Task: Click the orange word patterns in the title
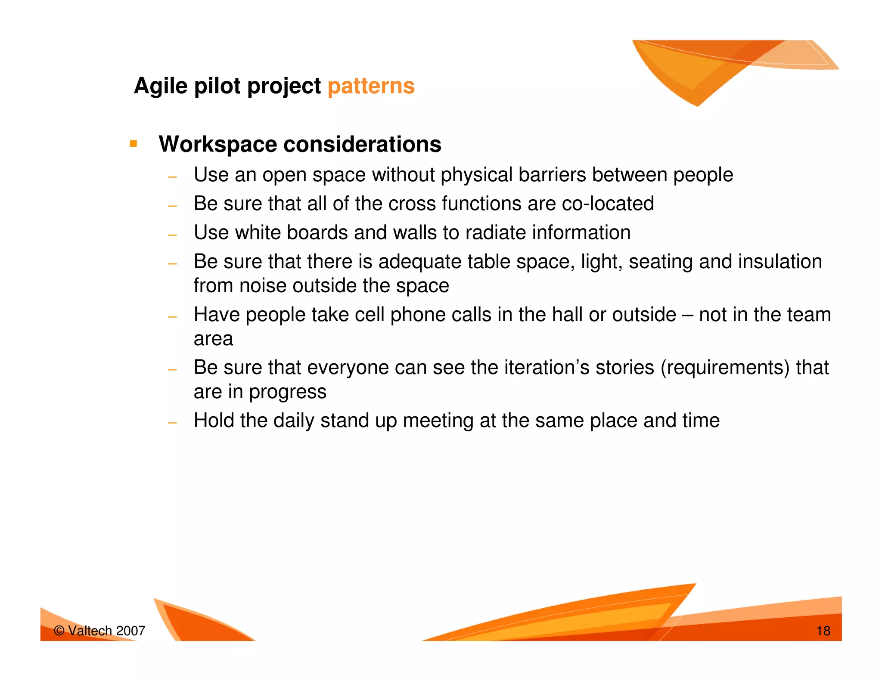[371, 86]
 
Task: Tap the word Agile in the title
[160, 86]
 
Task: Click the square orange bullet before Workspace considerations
[134, 144]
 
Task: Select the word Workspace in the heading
[217, 144]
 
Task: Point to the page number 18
[823, 631]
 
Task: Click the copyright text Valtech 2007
[100, 631]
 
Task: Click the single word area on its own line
[213, 339]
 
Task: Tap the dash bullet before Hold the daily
[173, 423]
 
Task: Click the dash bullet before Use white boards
[173, 235]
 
